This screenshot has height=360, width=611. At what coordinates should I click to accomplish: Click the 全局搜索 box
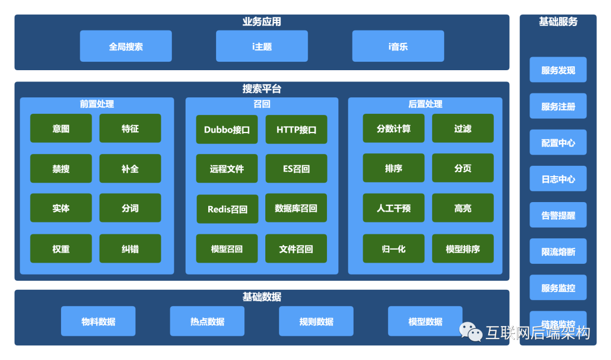[x=126, y=46]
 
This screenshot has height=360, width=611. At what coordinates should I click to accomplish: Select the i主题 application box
[x=262, y=46]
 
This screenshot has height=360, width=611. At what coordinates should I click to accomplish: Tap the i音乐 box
[x=398, y=46]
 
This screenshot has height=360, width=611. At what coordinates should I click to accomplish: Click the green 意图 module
[x=61, y=128]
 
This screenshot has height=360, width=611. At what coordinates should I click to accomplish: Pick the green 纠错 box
[x=130, y=248]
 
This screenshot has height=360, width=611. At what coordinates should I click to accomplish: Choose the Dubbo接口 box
[x=227, y=130]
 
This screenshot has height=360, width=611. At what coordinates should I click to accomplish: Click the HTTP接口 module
[x=296, y=130]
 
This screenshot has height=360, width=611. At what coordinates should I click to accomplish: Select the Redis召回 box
[x=227, y=209]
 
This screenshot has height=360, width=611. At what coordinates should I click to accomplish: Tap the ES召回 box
[x=296, y=169]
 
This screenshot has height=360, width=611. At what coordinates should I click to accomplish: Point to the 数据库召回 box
[x=296, y=208]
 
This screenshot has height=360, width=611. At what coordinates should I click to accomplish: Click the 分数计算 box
[x=394, y=128]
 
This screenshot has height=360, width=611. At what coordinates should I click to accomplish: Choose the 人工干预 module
[x=394, y=208]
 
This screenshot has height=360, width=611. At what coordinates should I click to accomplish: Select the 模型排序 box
[x=463, y=248]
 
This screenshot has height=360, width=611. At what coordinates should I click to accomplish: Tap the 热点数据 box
[x=207, y=322]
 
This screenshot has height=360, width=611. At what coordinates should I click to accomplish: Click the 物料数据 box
[x=98, y=322]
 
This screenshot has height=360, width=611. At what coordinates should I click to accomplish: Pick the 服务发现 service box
[x=558, y=70]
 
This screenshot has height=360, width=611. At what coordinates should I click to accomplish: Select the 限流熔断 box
[x=558, y=252]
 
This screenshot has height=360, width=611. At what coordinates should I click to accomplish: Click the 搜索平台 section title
[x=262, y=89]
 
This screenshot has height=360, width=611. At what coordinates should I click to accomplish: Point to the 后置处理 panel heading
[x=425, y=104]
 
